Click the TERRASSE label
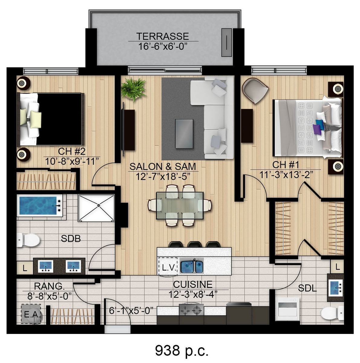(162, 36)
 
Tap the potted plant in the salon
(133, 89)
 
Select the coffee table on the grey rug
(184, 134)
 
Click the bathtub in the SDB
(40, 205)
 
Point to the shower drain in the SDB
(98, 205)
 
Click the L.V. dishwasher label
(168, 267)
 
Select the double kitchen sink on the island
(192, 267)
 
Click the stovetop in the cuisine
(191, 309)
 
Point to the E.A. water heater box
(31, 314)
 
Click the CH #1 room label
(286, 165)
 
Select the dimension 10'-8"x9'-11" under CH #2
(72, 162)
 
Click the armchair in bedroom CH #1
(255, 90)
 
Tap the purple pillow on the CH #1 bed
(317, 129)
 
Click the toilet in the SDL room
(332, 313)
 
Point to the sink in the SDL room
(336, 288)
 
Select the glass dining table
(180, 205)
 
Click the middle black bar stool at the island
(195, 244)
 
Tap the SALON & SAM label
(163, 166)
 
